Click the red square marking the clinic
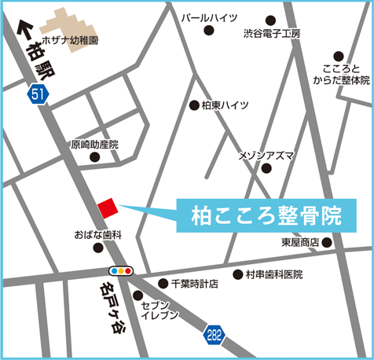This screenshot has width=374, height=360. [x=107, y=207]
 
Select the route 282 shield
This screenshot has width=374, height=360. [x=214, y=335]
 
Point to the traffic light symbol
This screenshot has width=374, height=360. [x=121, y=270]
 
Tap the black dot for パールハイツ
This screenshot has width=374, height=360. [x=209, y=31]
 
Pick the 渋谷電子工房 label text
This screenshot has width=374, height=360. [x=272, y=34]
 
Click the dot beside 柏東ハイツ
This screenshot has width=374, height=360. [x=194, y=105]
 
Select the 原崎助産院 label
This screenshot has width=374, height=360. [x=94, y=145]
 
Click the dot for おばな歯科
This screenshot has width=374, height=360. [x=98, y=248]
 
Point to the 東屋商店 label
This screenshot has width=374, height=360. [x=300, y=243]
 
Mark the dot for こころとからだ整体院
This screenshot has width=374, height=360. [x=339, y=56]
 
